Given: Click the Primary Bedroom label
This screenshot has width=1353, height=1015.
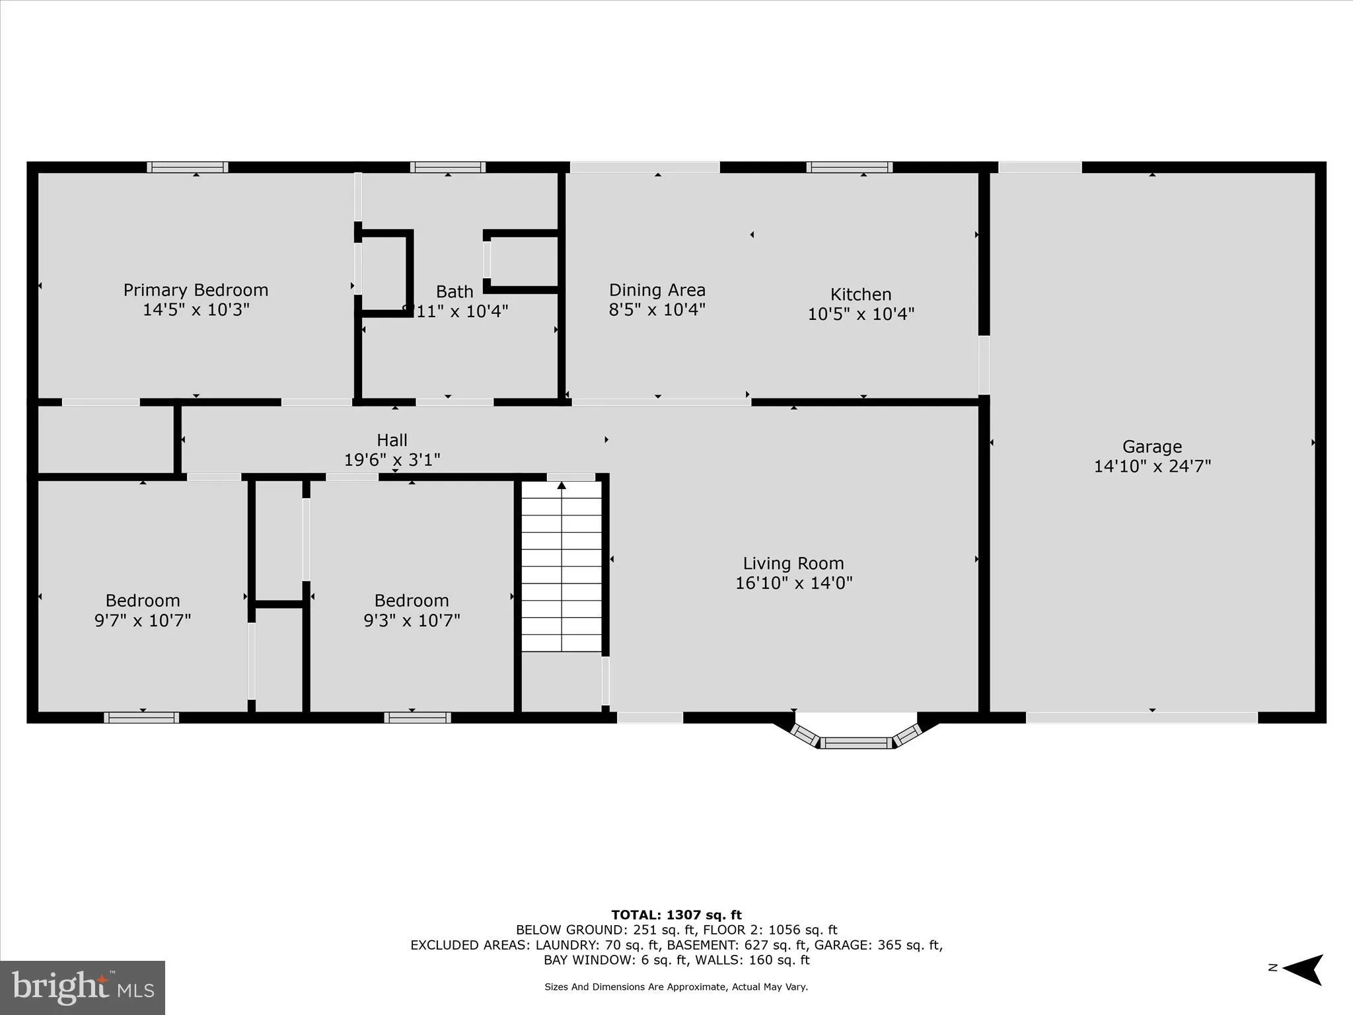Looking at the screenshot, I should click(196, 290).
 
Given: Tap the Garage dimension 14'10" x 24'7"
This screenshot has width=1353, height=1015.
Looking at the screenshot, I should click(1152, 467).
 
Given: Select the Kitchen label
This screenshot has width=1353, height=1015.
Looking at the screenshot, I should click(860, 294).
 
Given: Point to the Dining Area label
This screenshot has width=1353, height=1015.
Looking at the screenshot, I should click(657, 290).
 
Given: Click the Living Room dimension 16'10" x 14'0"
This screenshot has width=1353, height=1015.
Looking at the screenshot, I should click(793, 583).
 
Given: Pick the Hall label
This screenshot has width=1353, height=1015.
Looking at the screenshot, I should click(392, 440).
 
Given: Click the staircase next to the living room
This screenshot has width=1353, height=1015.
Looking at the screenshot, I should click(562, 566).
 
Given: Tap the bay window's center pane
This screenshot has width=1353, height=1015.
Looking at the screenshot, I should click(856, 743).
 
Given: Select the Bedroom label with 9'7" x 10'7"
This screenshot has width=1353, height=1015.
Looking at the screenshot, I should click(143, 601).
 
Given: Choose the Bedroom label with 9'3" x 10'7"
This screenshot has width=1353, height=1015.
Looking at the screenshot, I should click(411, 601).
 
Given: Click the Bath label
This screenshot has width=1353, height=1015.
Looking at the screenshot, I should click(455, 291).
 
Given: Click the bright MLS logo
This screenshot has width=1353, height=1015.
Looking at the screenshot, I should click(83, 987).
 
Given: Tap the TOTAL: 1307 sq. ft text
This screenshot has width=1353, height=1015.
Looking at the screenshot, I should click(676, 915).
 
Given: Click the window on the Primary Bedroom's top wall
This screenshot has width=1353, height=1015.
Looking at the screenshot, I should click(188, 167).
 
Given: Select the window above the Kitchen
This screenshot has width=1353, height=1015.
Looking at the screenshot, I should click(849, 167).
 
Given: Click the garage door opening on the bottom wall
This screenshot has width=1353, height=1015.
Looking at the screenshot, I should click(1141, 718).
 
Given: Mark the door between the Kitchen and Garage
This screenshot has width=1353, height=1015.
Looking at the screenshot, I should click(984, 365).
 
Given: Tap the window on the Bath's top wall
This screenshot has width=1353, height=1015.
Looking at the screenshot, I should click(447, 167).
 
